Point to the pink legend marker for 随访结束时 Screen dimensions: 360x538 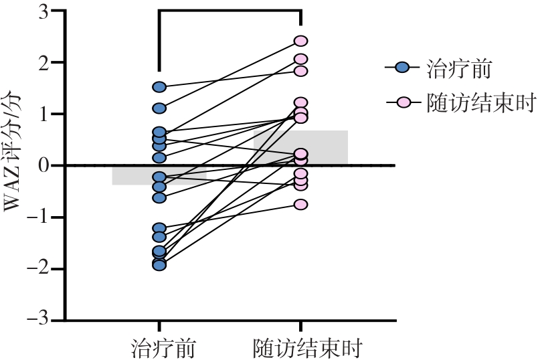(x=402, y=102)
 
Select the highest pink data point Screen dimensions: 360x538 (x=300, y=41)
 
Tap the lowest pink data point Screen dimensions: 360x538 (x=300, y=204)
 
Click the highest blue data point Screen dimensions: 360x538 (x=159, y=86)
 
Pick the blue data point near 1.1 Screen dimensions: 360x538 (x=159, y=108)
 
